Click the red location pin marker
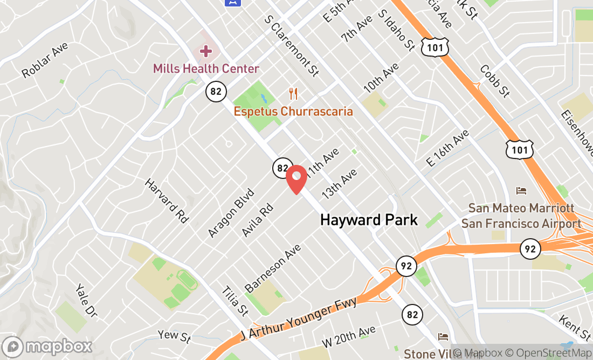click(296, 179)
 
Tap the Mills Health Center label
click(206, 69)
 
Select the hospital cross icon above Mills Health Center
click(205, 52)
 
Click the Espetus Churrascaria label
click(293, 112)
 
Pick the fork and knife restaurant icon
click(293, 94)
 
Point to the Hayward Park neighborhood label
click(369, 220)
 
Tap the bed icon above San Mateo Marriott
click(521, 191)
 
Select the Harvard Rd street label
click(167, 200)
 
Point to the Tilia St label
click(235, 300)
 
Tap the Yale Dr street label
click(86, 300)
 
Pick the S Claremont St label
click(292, 45)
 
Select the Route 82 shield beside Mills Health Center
click(216, 92)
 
